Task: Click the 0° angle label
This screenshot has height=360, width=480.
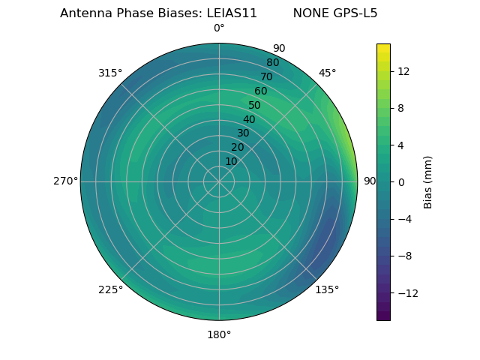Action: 219,28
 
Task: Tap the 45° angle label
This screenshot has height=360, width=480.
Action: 327,73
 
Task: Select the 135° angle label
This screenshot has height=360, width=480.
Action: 327,289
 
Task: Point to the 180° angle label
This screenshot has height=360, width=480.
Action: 219,334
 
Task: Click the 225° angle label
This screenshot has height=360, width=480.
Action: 110,289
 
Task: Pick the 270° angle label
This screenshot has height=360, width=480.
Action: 66,181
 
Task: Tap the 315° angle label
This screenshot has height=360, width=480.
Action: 110,73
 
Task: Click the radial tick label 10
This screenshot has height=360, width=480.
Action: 231,161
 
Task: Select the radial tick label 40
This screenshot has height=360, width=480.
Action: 249,120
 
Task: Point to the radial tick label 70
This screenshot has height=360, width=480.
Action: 266,77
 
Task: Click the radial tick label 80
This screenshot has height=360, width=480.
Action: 272,63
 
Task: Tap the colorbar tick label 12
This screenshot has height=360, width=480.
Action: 403,71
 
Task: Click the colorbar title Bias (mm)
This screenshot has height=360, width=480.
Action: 428,181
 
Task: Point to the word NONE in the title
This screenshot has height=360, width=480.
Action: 311,13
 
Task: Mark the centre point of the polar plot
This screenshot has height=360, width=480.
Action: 219,181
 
